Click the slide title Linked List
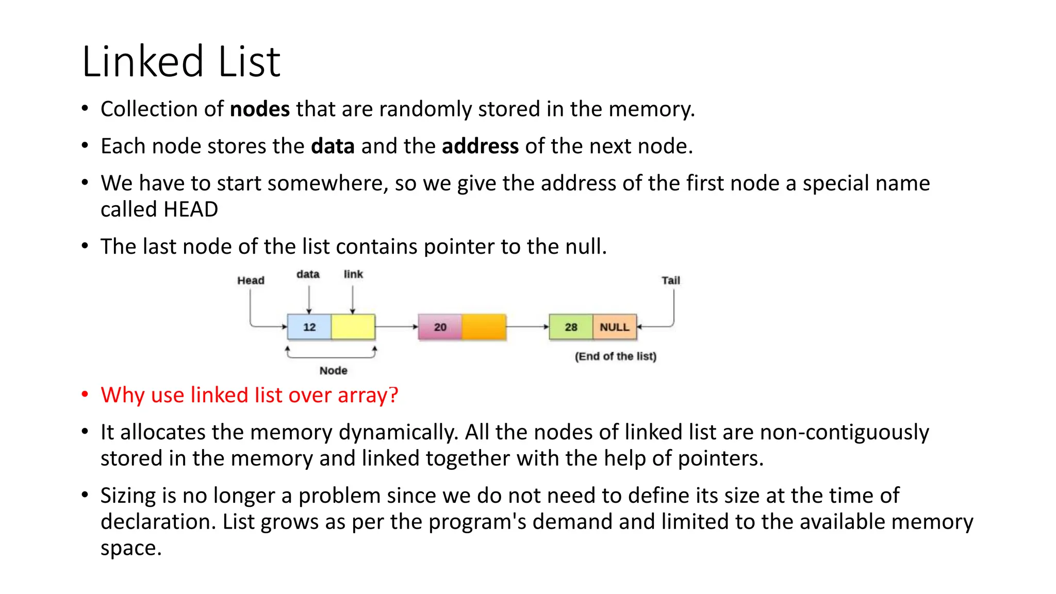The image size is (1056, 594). click(181, 62)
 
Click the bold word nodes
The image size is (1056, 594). click(259, 109)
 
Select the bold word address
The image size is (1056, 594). click(480, 146)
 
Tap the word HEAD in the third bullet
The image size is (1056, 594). click(190, 210)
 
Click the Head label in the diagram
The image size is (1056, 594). click(251, 280)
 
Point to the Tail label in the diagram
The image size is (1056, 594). click(670, 280)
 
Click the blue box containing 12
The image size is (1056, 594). click(309, 327)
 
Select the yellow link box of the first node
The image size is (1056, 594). click(353, 327)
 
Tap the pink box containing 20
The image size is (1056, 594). click(440, 327)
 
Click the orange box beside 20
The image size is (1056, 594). click(484, 327)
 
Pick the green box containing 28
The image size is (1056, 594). click(571, 327)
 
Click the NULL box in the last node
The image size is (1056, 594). click(614, 327)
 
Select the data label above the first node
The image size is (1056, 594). click(308, 274)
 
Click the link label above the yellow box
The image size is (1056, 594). click(353, 274)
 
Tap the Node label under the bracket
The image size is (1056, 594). click(333, 371)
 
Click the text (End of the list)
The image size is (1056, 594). click(615, 356)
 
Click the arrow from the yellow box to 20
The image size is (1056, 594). click(396, 326)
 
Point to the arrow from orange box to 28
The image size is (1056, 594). click(527, 326)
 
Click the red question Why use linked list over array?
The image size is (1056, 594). click(249, 395)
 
